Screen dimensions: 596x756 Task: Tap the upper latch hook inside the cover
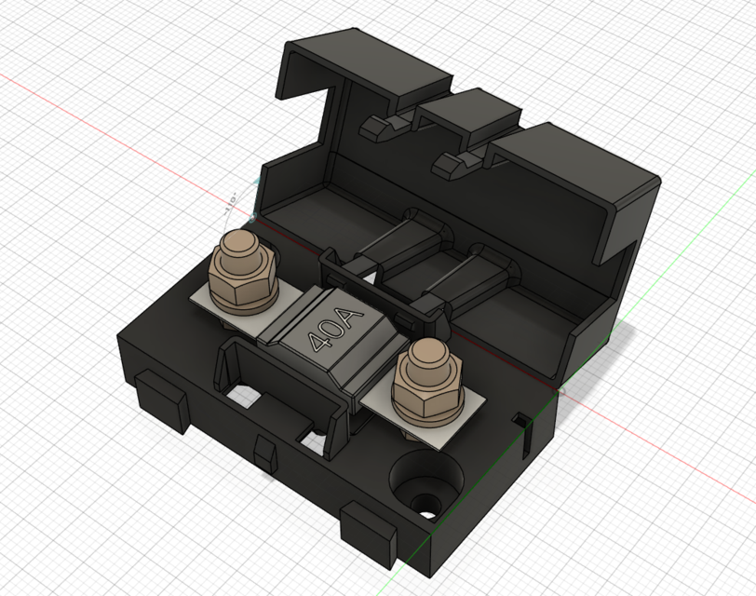(x=379, y=127)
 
